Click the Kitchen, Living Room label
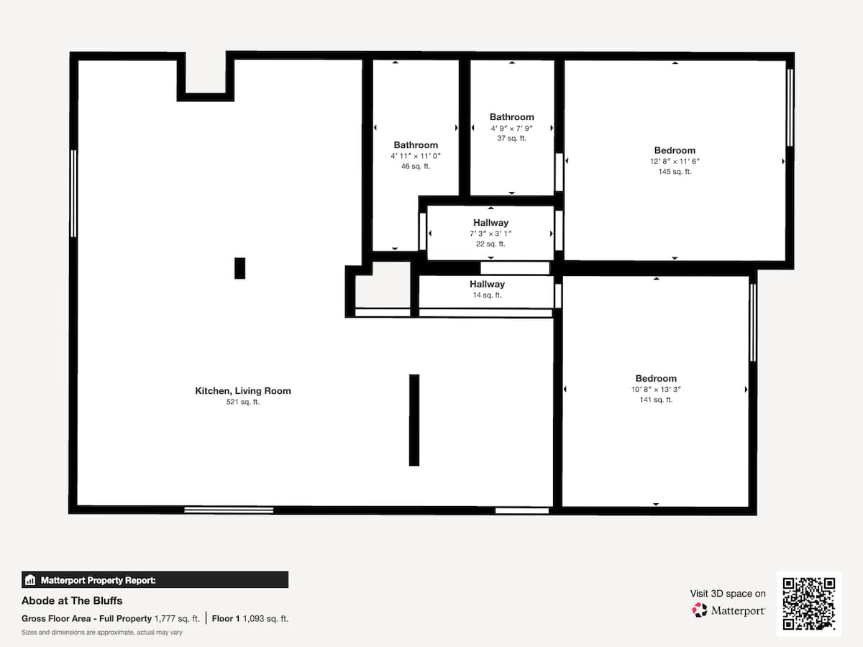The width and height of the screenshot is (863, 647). click(x=243, y=391)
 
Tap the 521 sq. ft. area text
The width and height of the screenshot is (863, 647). click(x=243, y=402)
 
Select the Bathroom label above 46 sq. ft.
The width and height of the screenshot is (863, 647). click(x=416, y=145)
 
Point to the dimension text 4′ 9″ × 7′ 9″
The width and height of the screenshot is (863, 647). click(x=511, y=128)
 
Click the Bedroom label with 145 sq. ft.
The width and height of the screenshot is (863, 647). click(x=675, y=150)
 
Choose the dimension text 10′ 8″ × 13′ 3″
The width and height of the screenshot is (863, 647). click(x=656, y=390)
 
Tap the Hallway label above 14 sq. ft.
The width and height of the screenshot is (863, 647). click(x=487, y=284)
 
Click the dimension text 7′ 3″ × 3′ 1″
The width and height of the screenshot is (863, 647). click(x=490, y=234)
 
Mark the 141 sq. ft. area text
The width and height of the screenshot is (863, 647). click(x=656, y=400)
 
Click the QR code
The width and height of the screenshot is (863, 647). click(x=809, y=603)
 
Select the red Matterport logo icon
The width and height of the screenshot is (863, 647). click(x=700, y=610)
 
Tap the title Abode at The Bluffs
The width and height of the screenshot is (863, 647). click(x=72, y=601)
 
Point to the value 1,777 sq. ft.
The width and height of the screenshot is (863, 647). click(x=177, y=619)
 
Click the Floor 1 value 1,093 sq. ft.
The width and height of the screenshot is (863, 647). click(x=265, y=619)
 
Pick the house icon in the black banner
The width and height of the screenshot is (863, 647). click(x=30, y=580)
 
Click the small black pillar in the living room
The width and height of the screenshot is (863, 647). click(x=239, y=268)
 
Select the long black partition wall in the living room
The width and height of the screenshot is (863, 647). click(x=414, y=420)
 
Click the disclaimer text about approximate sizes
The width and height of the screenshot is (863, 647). click(x=102, y=633)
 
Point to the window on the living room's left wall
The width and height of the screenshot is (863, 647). click(x=73, y=193)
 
